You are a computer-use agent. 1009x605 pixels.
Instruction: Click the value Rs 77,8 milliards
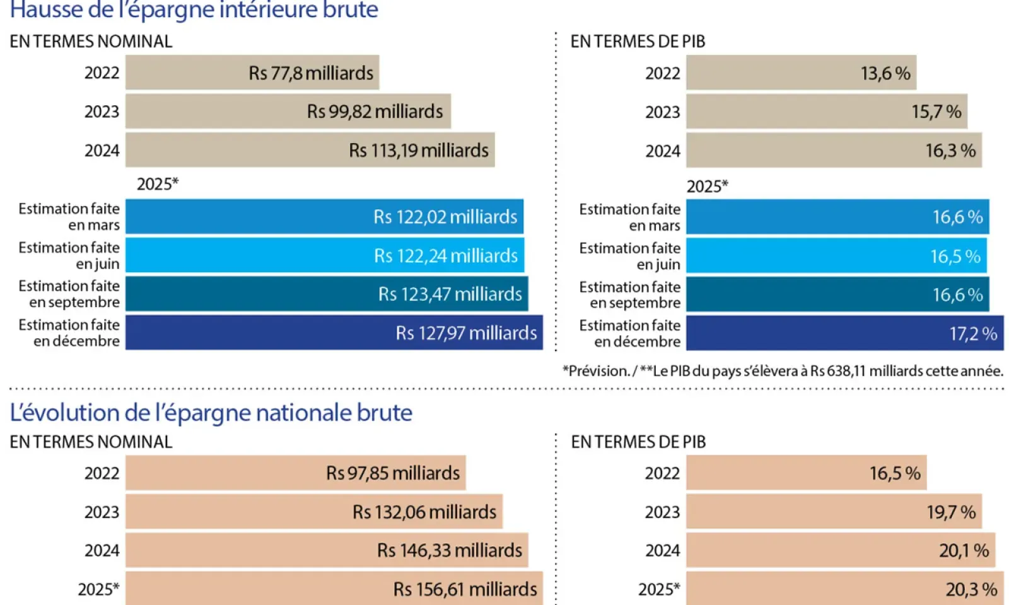(x=311, y=73)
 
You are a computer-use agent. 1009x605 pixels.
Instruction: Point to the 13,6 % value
(x=885, y=74)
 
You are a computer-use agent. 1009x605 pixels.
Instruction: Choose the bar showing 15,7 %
(x=826, y=112)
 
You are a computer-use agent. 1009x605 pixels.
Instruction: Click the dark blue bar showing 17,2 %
(x=844, y=333)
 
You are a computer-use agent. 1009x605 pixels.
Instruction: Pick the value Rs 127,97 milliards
(x=466, y=333)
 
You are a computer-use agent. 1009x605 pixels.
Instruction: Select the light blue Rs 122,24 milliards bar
(x=324, y=256)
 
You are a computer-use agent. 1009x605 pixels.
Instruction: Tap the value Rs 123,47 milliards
(x=450, y=294)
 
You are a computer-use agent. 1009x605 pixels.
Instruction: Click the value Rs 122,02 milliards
(x=445, y=217)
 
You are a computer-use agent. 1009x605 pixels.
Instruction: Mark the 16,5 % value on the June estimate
(x=955, y=256)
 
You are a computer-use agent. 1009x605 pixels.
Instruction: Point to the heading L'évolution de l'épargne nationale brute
(x=211, y=413)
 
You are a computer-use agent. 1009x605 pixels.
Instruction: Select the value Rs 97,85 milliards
(x=392, y=473)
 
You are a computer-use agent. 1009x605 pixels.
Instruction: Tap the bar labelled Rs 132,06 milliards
(x=313, y=512)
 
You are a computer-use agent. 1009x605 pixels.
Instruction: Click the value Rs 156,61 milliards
(x=465, y=589)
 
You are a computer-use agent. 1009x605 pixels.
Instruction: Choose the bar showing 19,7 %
(x=834, y=512)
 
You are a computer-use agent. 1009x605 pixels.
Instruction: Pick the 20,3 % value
(x=971, y=589)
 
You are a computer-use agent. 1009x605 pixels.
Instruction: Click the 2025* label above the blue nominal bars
(x=158, y=184)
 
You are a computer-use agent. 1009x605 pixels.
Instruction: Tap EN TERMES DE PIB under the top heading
(x=638, y=42)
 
